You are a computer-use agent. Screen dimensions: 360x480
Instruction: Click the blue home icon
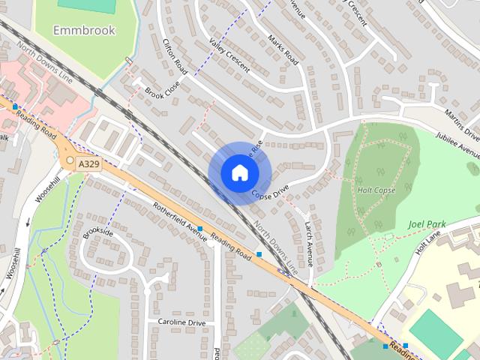[238, 172]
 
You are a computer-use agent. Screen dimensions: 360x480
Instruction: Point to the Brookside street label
[98, 243]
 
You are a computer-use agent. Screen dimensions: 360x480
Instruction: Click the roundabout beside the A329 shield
[70, 160]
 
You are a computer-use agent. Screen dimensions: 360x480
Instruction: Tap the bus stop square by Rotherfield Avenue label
[200, 228]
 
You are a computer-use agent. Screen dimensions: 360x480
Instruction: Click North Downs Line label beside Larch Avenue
[280, 246]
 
